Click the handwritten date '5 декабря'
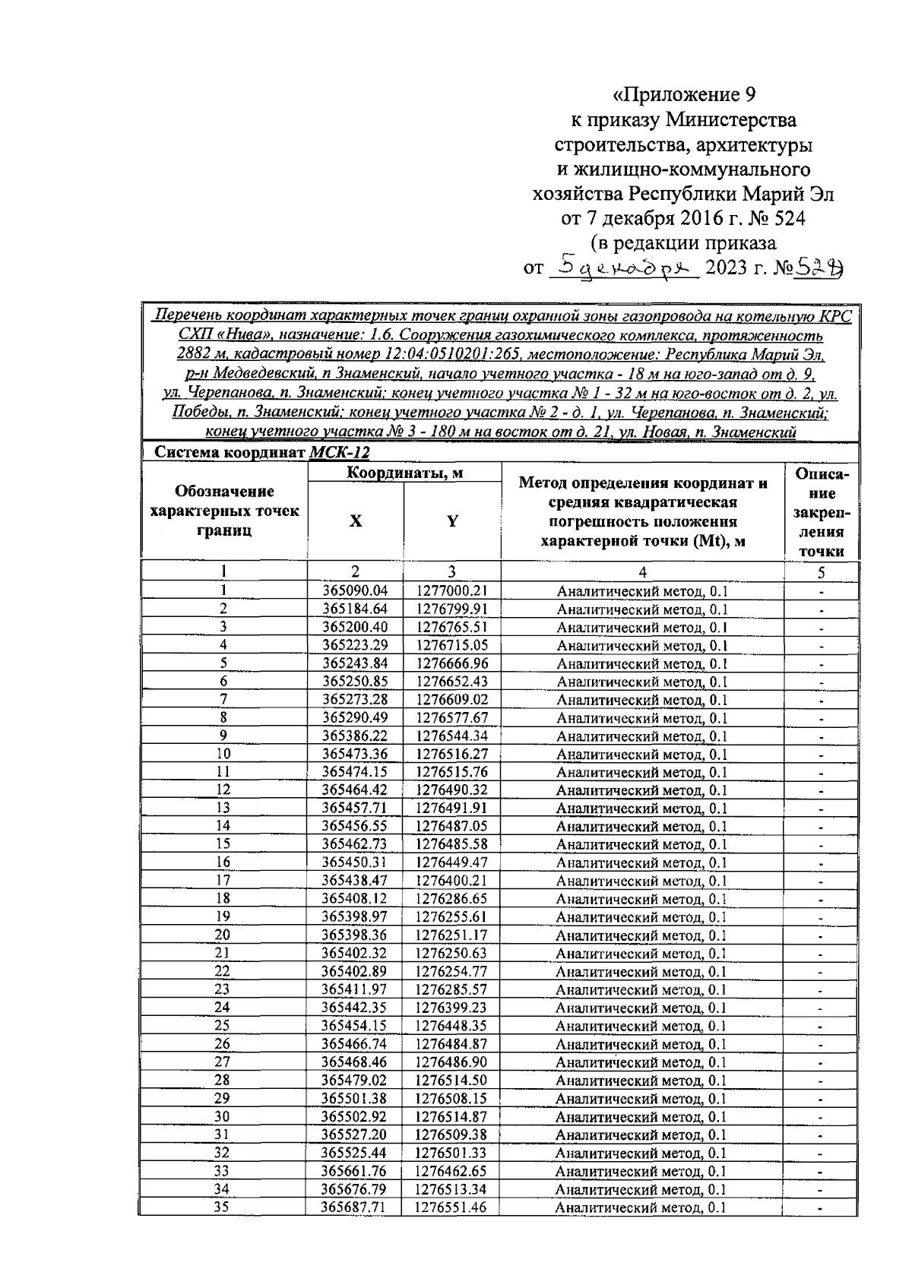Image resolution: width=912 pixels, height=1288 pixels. (x=622, y=267)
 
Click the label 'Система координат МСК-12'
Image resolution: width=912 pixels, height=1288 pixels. (x=261, y=453)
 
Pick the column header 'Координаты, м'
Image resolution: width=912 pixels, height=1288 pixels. (x=404, y=473)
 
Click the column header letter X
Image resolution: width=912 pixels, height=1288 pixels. (x=355, y=521)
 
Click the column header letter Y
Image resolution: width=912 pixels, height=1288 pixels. (x=452, y=521)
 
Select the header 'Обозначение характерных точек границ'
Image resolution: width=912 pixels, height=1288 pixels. (x=224, y=511)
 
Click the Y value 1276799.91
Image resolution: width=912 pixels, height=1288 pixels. (x=452, y=609)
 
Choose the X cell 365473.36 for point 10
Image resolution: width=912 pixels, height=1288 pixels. (x=355, y=754)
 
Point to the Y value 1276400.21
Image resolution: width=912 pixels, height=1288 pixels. (x=452, y=880)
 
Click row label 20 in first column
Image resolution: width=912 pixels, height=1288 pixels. (x=223, y=935)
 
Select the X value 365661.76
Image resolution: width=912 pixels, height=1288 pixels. (x=355, y=1171)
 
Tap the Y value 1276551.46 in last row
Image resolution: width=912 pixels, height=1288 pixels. (x=452, y=1207)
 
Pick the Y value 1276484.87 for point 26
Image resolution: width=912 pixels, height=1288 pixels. (x=452, y=1044)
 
